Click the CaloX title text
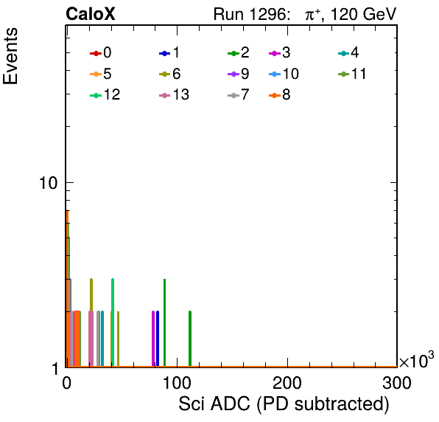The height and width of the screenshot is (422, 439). pyautogui.click(x=91, y=14)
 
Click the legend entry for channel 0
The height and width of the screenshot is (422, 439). pyautogui.click(x=100, y=52)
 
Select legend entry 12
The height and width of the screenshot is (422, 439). pyautogui.click(x=105, y=94)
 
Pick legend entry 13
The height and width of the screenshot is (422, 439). pyautogui.click(x=174, y=94)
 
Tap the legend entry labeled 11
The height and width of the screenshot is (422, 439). pyautogui.click(x=352, y=74)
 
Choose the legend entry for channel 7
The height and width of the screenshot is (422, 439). pyautogui.click(x=239, y=94)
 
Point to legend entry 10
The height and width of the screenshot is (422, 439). pyautogui.click(x=284, y=74)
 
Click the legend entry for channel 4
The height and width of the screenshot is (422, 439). pyautogui.click(x=348, y=52)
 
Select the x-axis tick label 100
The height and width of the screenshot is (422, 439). pyautogui.click(x=177, y=383)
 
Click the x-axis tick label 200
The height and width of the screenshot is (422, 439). pyautogui.click(x=287, y=383)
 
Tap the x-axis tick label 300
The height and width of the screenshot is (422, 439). pyautogui.click(x=397, y=383)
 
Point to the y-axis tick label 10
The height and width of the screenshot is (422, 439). pyautogui.click(x=49, y=183)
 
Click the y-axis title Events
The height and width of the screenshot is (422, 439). pyautogui.click(x=10, y=56)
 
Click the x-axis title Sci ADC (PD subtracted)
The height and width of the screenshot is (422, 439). pyautogui.click(x=284, y=404)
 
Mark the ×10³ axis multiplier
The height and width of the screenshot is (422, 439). pyautogui.click(x=417, y=360)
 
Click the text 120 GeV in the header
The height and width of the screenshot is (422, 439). pyautogui.click(x=364, y=14)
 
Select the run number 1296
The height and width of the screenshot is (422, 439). pyautogui.click(x=268, y=14)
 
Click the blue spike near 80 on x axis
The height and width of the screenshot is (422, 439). pyautogui.click(x=158, y=339)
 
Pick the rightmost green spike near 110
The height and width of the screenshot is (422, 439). pyautogui.click(x=190, y=339)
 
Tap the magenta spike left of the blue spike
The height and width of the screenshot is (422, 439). pyautogui.click(x=153, y=339)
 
